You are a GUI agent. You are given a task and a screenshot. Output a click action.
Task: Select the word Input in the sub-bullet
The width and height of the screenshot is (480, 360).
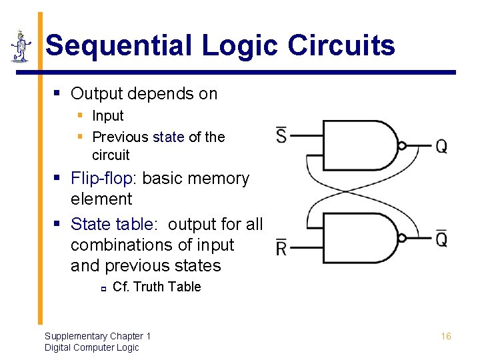pyautogui.click(x=108, y=116)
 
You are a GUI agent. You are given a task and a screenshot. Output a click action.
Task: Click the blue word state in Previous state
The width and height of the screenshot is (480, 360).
pyautogui.click(x=168, y=137)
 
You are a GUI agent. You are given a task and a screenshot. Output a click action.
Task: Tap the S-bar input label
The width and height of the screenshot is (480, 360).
pyautogui.click(x=281, y=136)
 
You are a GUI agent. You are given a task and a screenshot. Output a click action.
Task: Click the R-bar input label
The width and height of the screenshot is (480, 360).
pyautogui.click(x=281, y=248)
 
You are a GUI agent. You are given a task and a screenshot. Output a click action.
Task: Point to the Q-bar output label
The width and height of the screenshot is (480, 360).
pyautogui.click(x=441, y=238)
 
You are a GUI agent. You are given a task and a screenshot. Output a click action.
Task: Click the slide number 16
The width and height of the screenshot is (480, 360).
pyautogui.click(x=446, y=336)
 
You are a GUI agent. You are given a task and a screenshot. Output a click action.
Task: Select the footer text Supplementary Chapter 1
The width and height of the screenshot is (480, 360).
pyautogui.click(x=97, y=336)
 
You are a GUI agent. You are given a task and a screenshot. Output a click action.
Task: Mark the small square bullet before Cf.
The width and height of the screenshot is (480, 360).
pyautogui.click(x=103, y=289)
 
